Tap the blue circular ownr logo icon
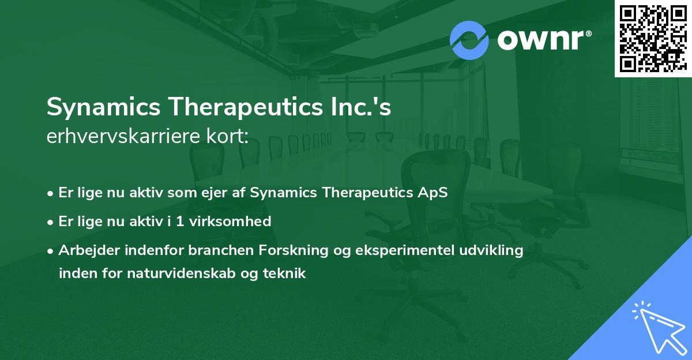(x=469, y=40)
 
